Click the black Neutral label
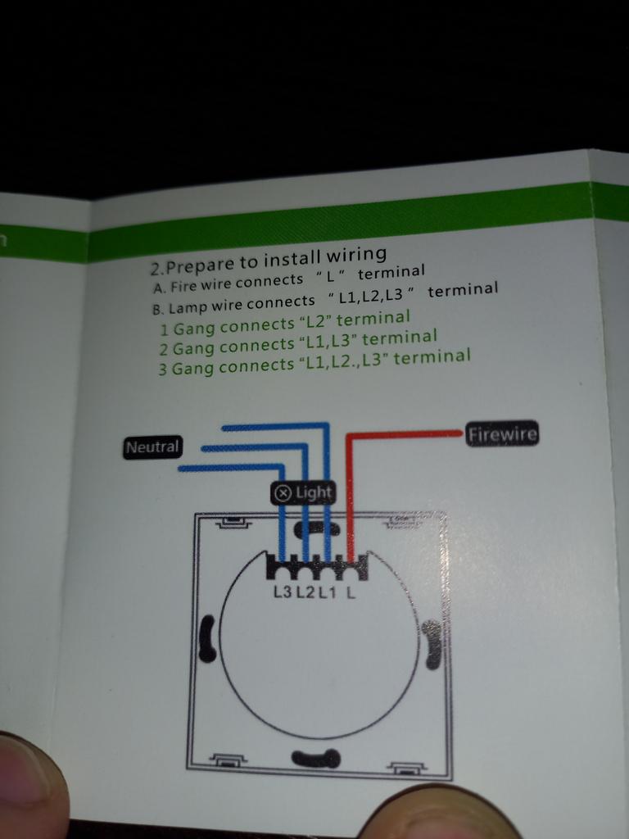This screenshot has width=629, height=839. [153, 447]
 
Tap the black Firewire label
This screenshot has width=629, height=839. [502, 434]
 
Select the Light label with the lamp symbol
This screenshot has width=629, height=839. [303, 492]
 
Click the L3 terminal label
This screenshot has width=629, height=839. [283, 592]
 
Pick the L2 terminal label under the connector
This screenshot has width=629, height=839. [306, 592]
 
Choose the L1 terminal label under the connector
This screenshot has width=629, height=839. [328, 592]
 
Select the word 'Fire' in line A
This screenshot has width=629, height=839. [183, 285]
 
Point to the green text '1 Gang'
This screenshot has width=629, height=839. [188, 328]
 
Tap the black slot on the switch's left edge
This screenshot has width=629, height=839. [207, 638]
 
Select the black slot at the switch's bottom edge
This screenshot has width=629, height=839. [316, 758]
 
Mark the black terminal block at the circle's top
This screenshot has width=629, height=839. [317, 567]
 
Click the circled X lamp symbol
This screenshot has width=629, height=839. [283, 493]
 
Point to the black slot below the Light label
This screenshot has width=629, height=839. [315, 528]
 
